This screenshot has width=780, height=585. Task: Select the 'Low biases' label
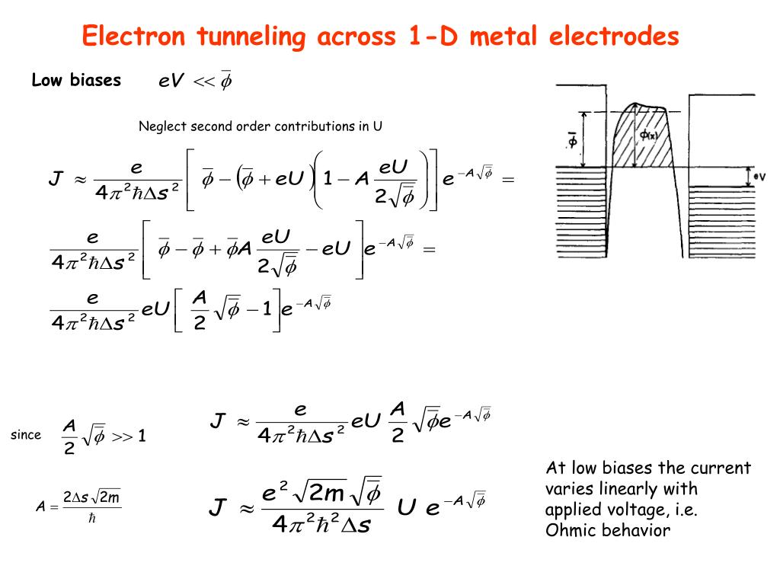(x=76, y=80)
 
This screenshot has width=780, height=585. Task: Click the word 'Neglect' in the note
(x=162, y=126)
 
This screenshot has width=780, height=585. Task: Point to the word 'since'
(x=26, y=435)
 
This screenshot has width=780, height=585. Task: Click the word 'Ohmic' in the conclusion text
(x=571, y=530)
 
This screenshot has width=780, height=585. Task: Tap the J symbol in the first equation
(x=55, y=179)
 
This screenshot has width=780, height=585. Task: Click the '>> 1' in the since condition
(x=129, y=436)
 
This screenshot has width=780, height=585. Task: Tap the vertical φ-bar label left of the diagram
(x=573, y=140)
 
